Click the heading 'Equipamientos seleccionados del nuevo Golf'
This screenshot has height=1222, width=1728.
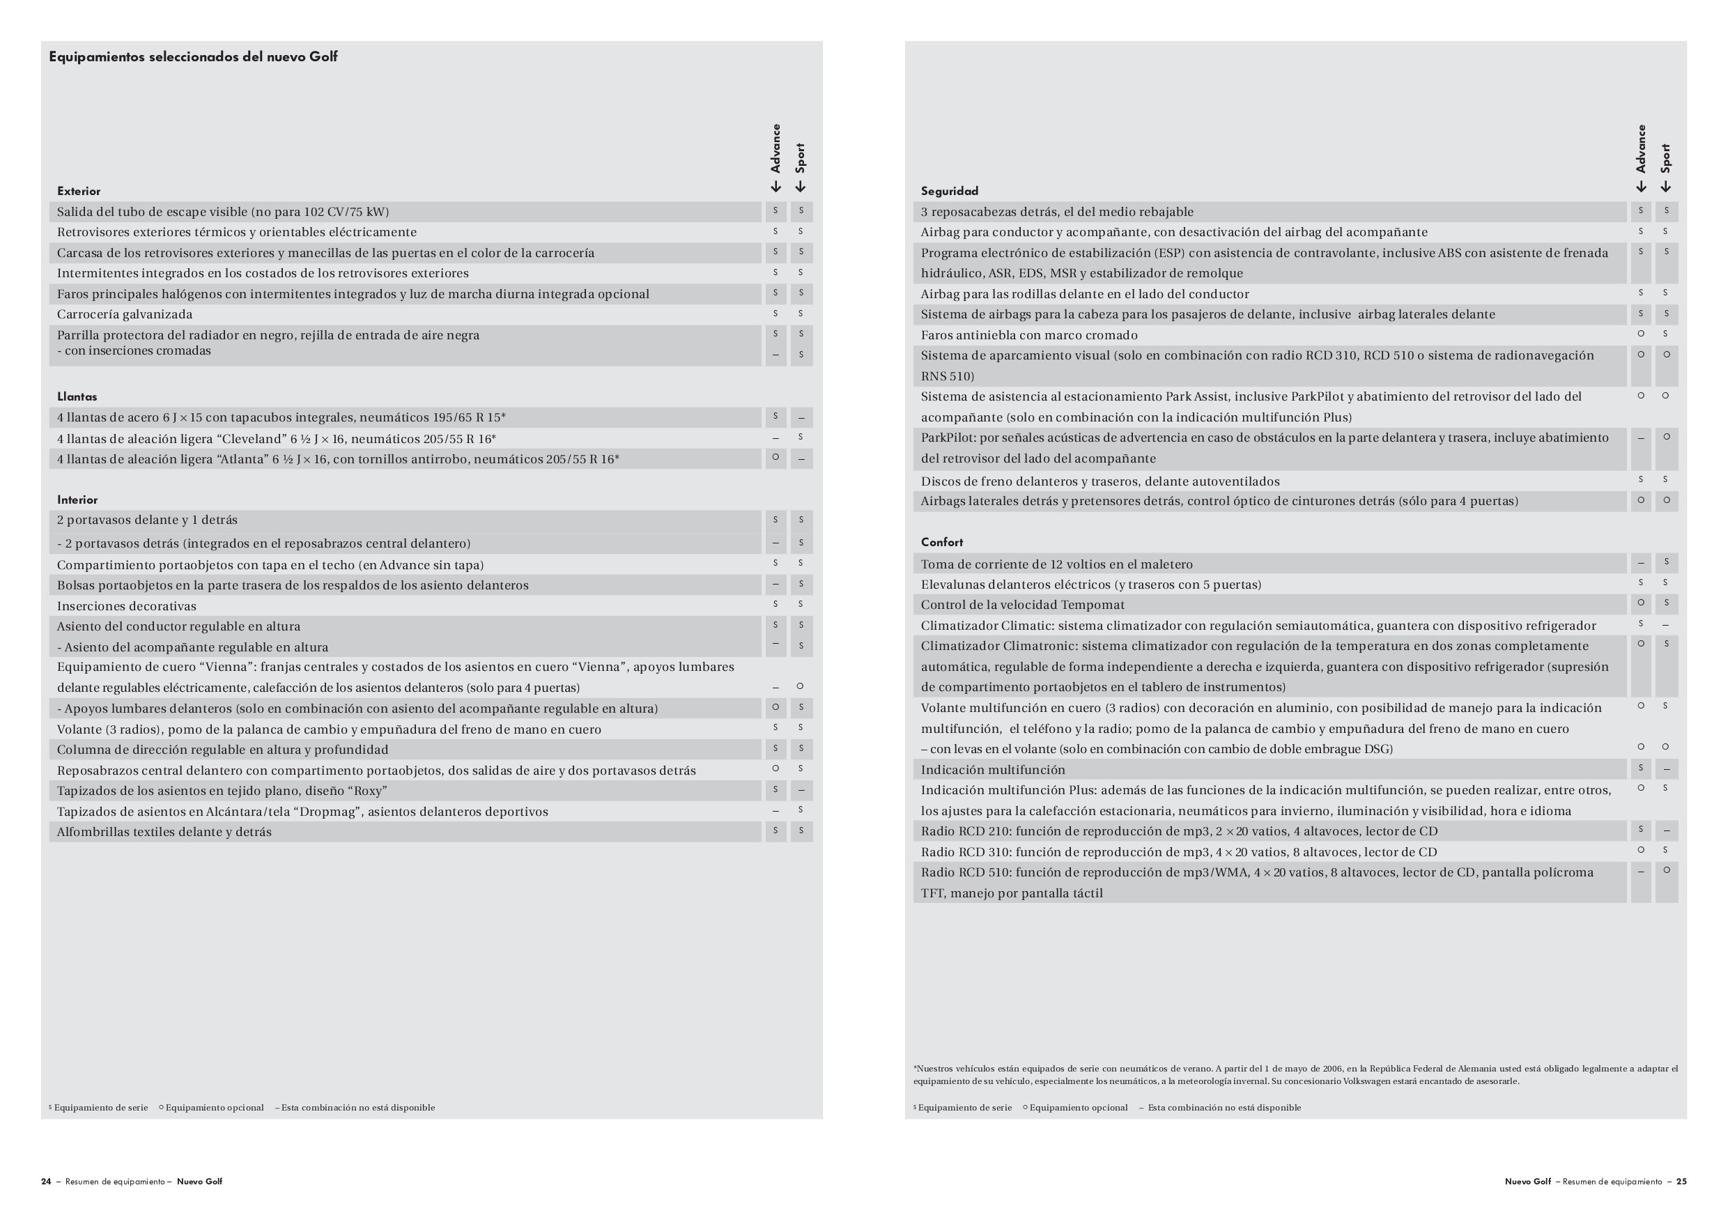tap(194, 57)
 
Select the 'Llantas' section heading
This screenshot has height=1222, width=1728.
tap(77, 396)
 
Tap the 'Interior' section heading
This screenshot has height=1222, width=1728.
tap(77, 500)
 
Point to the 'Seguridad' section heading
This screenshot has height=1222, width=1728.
tap(949, 191)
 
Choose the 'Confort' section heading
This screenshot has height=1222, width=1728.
tap(941, 542)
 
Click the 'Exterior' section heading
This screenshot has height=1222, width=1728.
tap(78, 191)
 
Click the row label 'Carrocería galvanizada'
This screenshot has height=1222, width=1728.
tap(125, 314)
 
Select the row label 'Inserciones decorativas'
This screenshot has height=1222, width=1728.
tap(126, 605)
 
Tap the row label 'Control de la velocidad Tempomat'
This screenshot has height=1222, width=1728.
tap(1022, 604)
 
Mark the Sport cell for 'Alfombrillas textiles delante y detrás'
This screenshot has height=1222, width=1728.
tap(801, 830)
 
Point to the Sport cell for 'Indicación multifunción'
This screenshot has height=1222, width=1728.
tap(1665, 769)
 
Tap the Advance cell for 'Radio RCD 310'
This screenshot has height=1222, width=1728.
tap(1641, 850)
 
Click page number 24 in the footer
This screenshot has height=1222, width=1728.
tap(46, 1182)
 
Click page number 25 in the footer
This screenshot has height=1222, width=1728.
tap(1681, 1182)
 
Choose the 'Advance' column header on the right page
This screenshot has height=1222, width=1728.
tap(1641, 149)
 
